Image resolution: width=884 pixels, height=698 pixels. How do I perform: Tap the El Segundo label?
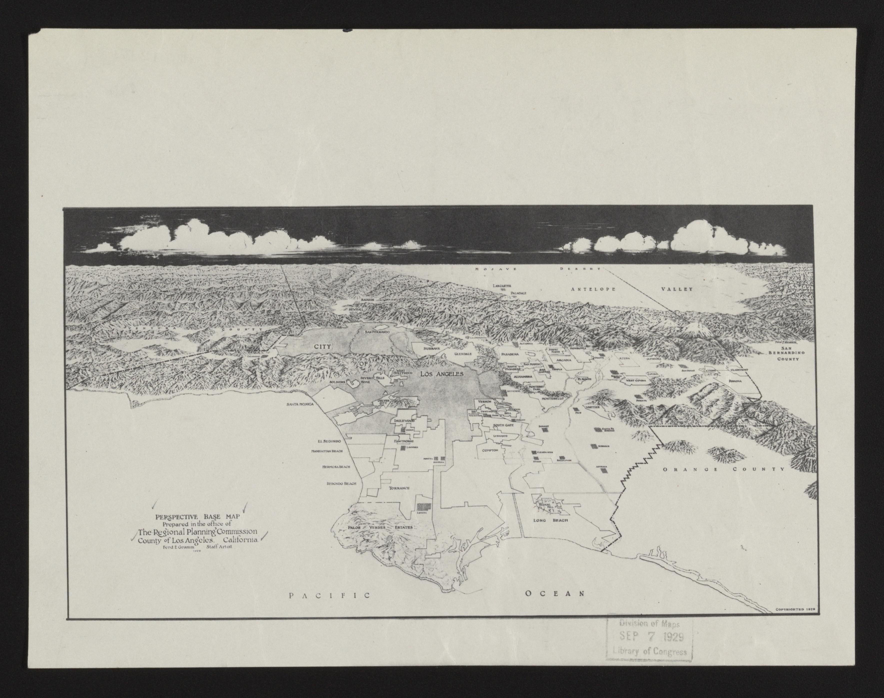coord(329,441)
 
